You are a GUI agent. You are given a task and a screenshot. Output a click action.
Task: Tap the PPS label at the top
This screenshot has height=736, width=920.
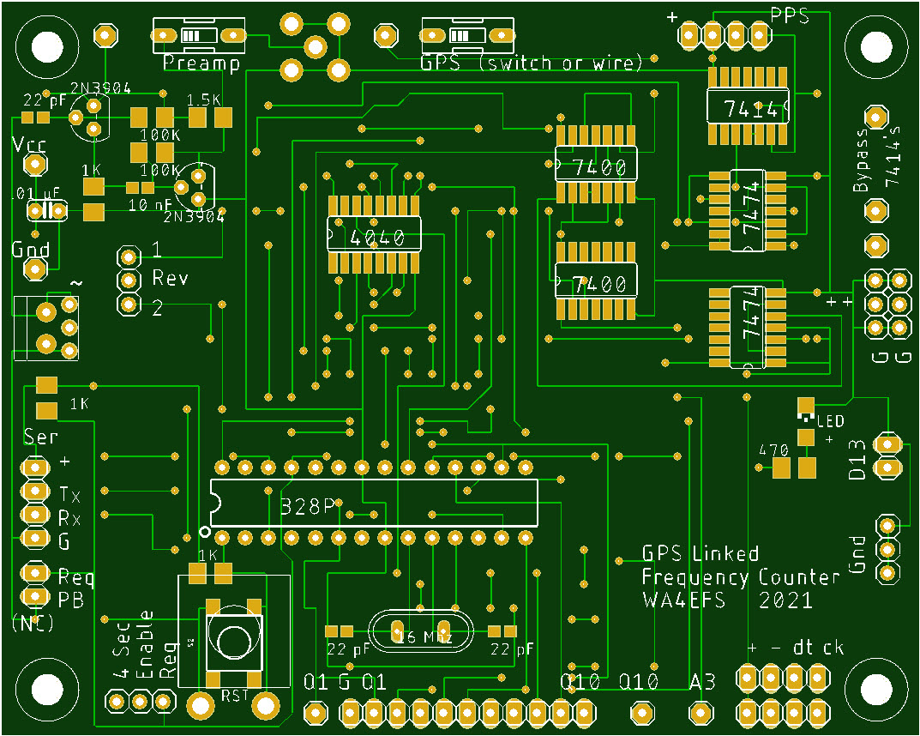[789, 15]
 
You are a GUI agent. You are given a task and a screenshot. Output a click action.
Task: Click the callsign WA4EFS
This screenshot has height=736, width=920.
[683, 600]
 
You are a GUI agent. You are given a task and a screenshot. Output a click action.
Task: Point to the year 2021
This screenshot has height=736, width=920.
[785, 600]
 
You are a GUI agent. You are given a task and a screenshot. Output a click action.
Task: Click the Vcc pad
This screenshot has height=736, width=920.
[35, 164]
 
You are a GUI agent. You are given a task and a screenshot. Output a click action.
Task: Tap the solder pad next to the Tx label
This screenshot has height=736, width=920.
[35, 491]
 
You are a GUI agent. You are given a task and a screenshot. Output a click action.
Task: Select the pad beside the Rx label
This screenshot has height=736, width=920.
[35, 515]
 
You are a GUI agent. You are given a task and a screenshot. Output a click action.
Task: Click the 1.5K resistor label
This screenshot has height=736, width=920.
[201, 98]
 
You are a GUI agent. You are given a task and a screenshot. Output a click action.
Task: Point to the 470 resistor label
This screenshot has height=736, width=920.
[773, 450]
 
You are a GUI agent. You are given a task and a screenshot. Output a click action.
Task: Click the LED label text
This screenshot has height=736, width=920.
[831, 421]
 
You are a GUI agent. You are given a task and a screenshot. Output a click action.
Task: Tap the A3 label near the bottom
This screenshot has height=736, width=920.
[702, 683]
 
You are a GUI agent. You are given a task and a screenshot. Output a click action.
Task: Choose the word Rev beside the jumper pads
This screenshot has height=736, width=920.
[170, 279]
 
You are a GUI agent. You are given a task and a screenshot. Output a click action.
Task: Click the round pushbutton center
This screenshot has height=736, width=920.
[232, 640]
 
